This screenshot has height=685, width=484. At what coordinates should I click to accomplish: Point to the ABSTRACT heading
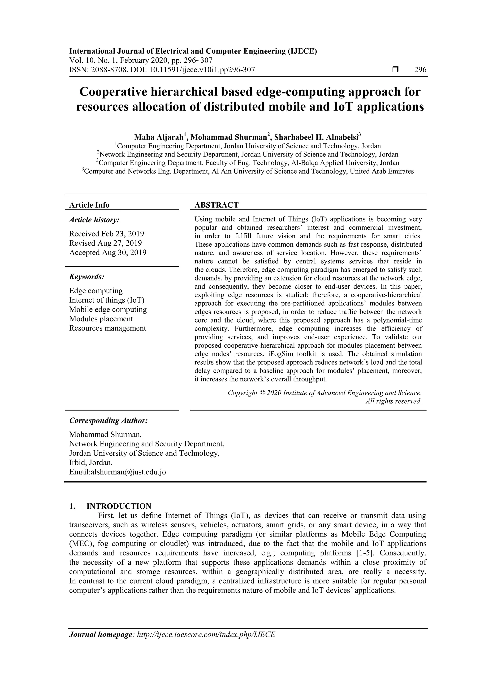tap(216, 205)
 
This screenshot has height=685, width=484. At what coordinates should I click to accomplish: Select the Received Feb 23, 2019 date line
tap(106, 234)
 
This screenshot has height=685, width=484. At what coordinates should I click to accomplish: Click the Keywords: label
tap(87, 277)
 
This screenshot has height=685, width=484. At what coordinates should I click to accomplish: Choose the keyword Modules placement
tap(101, 319)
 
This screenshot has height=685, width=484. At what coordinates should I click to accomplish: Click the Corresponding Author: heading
tap(108, 420)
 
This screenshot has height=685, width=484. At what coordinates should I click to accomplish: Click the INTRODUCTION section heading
tap(119, 506)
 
